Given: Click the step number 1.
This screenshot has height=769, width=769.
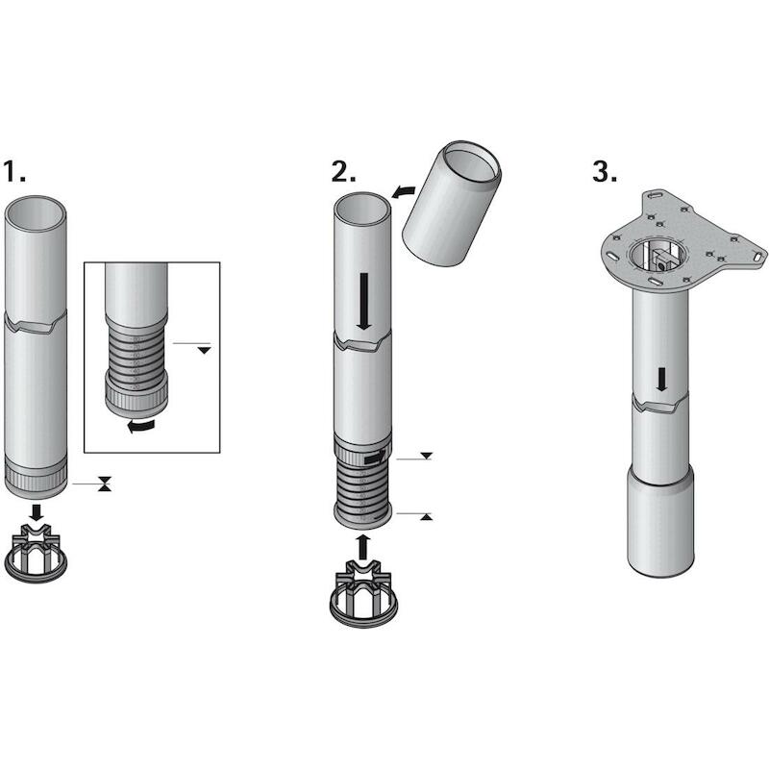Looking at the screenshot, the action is (14, 171).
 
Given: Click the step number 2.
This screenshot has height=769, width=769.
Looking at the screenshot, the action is (343, 172).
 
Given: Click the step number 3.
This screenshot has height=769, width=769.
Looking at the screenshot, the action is (605, 172).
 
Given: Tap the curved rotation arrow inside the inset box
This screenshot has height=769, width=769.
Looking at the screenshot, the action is (140, 425).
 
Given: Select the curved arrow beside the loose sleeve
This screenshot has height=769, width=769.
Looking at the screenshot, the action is (403, 191).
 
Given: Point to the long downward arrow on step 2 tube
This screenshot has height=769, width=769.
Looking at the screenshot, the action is (364, 302).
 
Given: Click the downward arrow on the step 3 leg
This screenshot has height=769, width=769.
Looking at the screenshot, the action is (661, 380).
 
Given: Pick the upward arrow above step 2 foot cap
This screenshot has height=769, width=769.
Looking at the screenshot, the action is (362, 546).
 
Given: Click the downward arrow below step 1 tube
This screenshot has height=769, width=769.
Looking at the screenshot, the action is (36, 512).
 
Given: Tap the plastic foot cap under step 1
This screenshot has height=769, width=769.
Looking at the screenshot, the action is (36, 555).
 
